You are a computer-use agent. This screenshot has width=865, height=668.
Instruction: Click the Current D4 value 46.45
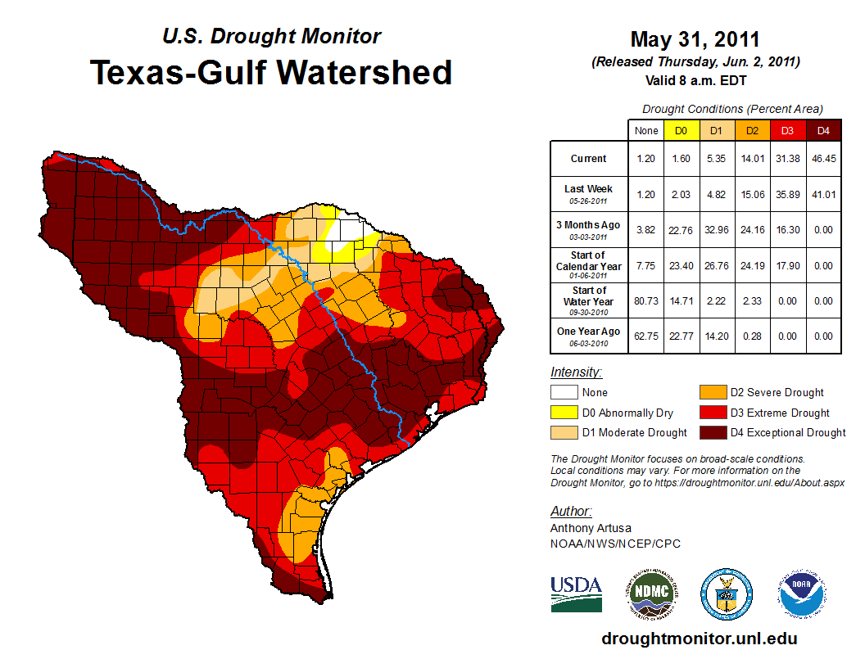tap(823, 159)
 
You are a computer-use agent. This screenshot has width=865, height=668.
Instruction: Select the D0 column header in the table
tap(681, 130)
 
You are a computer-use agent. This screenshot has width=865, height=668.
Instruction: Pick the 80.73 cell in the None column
tap(645, 300)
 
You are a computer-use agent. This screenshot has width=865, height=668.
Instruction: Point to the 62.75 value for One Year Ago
tap(645, 336)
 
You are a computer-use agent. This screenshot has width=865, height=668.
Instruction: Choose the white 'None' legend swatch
tap(563, 393)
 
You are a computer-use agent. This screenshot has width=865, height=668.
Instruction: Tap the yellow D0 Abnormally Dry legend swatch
tap(563, 413)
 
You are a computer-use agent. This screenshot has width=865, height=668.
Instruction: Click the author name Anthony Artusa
tap(591, 528)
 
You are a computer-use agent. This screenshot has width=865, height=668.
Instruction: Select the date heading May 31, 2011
tap(695, 39)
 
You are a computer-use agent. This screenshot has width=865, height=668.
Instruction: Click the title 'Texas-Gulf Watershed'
tap(271, 73)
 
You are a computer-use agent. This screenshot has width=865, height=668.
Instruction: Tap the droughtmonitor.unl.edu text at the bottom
tap(699, 639)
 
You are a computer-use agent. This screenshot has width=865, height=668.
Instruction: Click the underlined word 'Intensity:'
tap(576, 372)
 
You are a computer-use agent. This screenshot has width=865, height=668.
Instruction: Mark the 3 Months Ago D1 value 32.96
tap(716, 230)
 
